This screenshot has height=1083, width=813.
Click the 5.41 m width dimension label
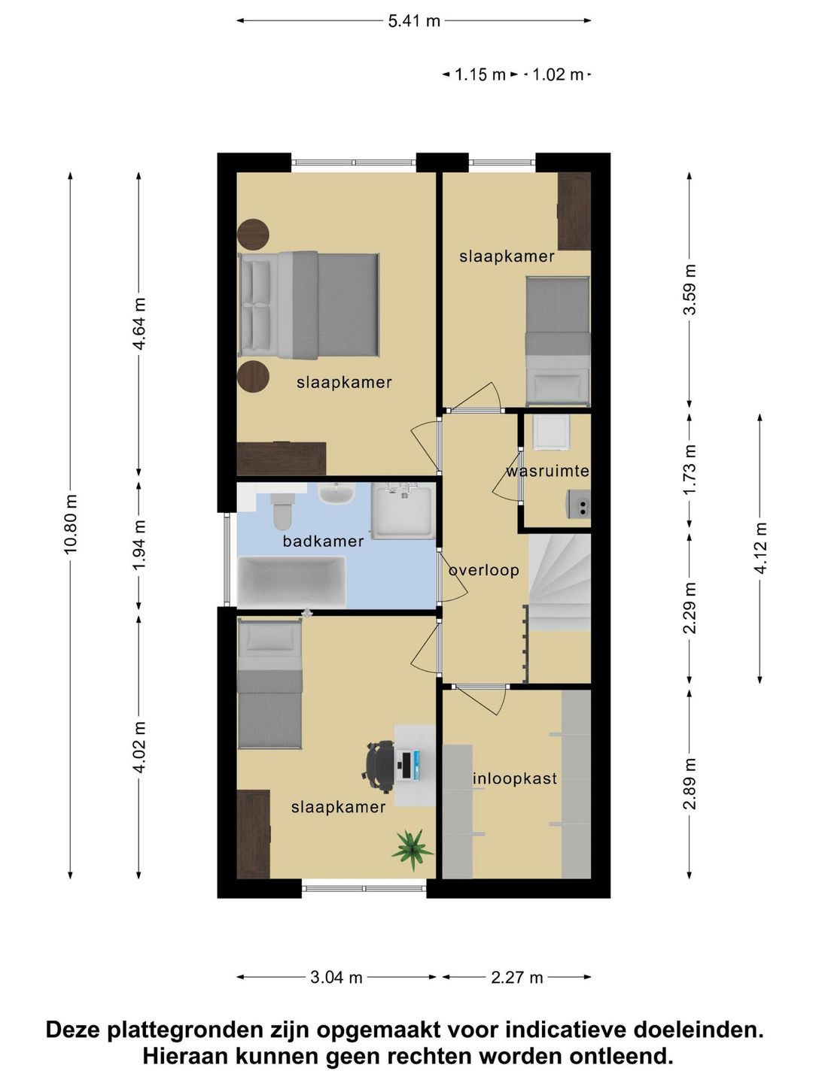[x=414, y=21]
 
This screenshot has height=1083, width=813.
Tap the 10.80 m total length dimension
[x=70, y=523]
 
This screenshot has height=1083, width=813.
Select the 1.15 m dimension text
[x=480, y=75]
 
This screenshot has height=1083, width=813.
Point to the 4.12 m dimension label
[x=760, y=548]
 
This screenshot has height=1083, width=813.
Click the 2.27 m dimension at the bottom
[x=517, y=978]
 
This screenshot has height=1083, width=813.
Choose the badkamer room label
[x=323, y=541]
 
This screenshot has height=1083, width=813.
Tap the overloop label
[x=484, y=570]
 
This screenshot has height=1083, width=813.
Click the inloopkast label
[x=515, y=778]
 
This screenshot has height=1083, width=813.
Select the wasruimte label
[x=548, y=471]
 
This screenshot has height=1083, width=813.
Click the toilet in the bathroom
[x=282, y=509]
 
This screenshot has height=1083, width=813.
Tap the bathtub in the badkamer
[x=291, y=581]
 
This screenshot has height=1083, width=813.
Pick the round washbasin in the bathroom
[x=336, y=494]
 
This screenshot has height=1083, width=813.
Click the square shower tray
[x=403, y=511]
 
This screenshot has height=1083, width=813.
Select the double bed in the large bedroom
[x=309, y=305]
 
